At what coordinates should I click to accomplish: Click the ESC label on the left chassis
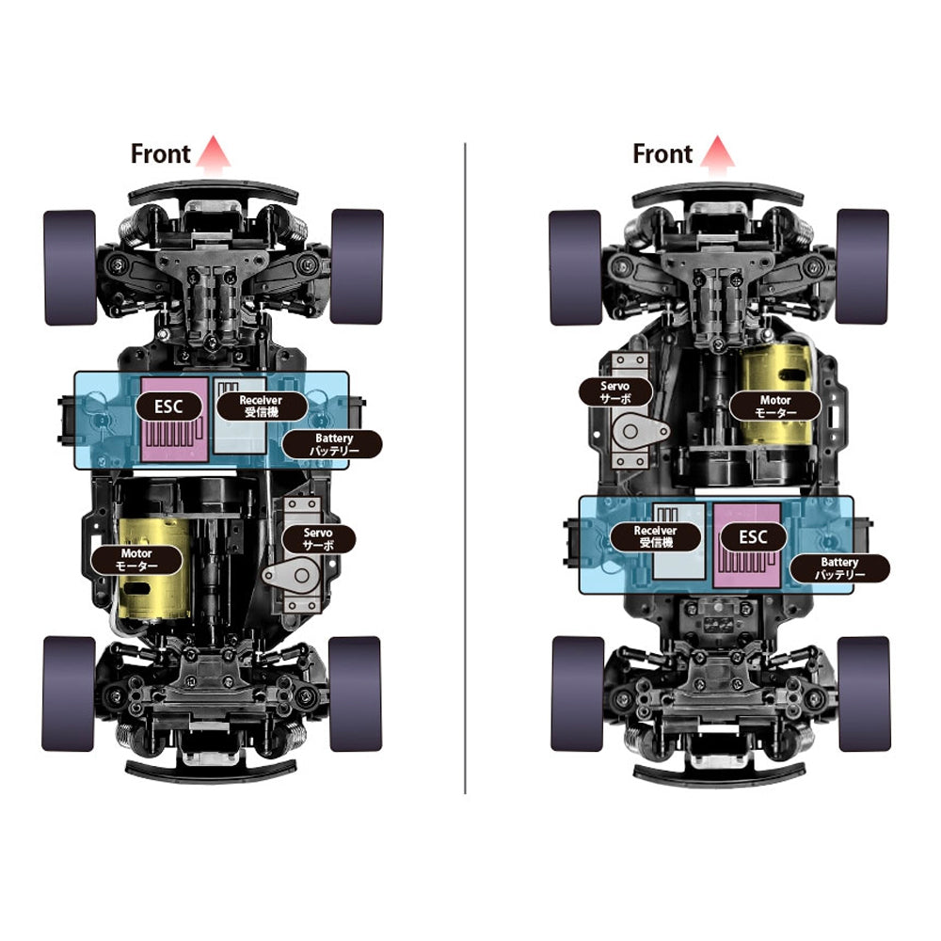(168, 407)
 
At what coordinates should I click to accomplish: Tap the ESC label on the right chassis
(753, 536)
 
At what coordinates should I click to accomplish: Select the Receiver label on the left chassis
(262, 407)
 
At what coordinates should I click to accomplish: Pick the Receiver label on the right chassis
(655, 537)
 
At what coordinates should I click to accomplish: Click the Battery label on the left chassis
(332, 445)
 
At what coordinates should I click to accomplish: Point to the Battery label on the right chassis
(839, 568)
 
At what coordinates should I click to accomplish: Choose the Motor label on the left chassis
(136, 560)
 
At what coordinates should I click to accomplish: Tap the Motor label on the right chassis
(774, 407)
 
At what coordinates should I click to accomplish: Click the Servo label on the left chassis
(319, 539)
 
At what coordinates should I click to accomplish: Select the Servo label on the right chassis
(615, 391)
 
